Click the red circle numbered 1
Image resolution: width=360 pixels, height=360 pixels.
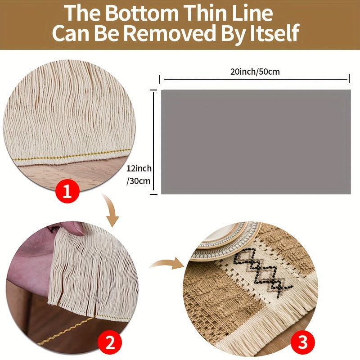(x=67, y=191)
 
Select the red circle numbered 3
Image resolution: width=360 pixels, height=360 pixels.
(x=302, y=342)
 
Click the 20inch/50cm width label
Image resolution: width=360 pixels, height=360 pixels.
(x=255, y=72)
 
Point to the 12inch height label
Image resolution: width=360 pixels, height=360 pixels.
(x=139, y=168)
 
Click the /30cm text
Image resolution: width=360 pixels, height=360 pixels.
(x=138, y=181)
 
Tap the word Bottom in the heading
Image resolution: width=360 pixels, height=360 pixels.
(x=142, y=13)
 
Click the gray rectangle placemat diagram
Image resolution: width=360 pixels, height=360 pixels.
(x=256, y=142)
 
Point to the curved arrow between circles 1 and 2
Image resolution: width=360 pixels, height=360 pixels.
(x=111, y=209)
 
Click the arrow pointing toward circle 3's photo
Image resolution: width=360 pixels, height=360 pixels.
(x=167, y=263)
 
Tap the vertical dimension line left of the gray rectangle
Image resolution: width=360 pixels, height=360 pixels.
(x=153, y=142)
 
